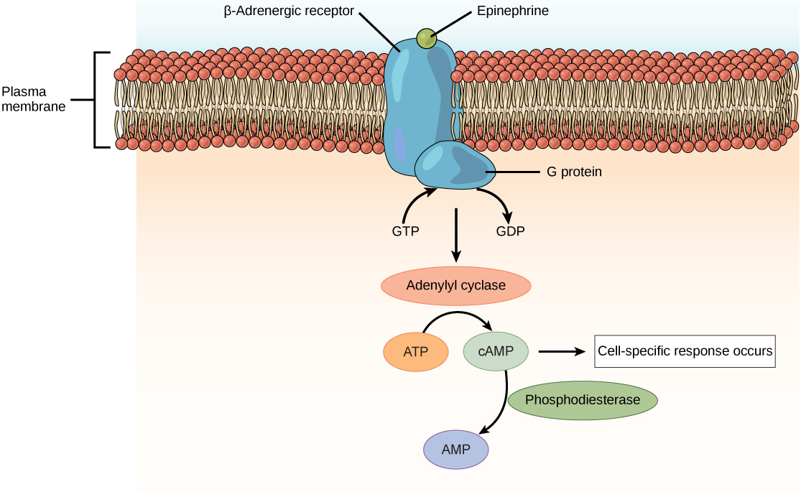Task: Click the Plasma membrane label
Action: pyautogui.click(x=33, y=99)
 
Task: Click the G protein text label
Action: pyautogui.click(x=569, y=172)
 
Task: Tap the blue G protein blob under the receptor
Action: pyautogui.click(x=453, y=165)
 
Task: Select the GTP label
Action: pyautogui.click(x=405, y=232)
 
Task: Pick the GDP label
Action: pyautogui.click(x=510, y=232)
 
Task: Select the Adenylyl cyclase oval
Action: pyautogui.click(x=455, y=285)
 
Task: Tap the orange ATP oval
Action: pyautogui.click(x=416, y=352)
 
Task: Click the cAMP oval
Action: pyautogui.click(x=496, y=351)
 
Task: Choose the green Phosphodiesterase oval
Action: pyautogui.click(x=583, y=400)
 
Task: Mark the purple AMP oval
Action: pyautogui.click(x=455, y=450)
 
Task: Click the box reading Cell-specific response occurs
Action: pyautogui.click(x=685, y=352)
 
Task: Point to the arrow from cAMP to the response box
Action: pyautogui.click(x=560, y=351)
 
